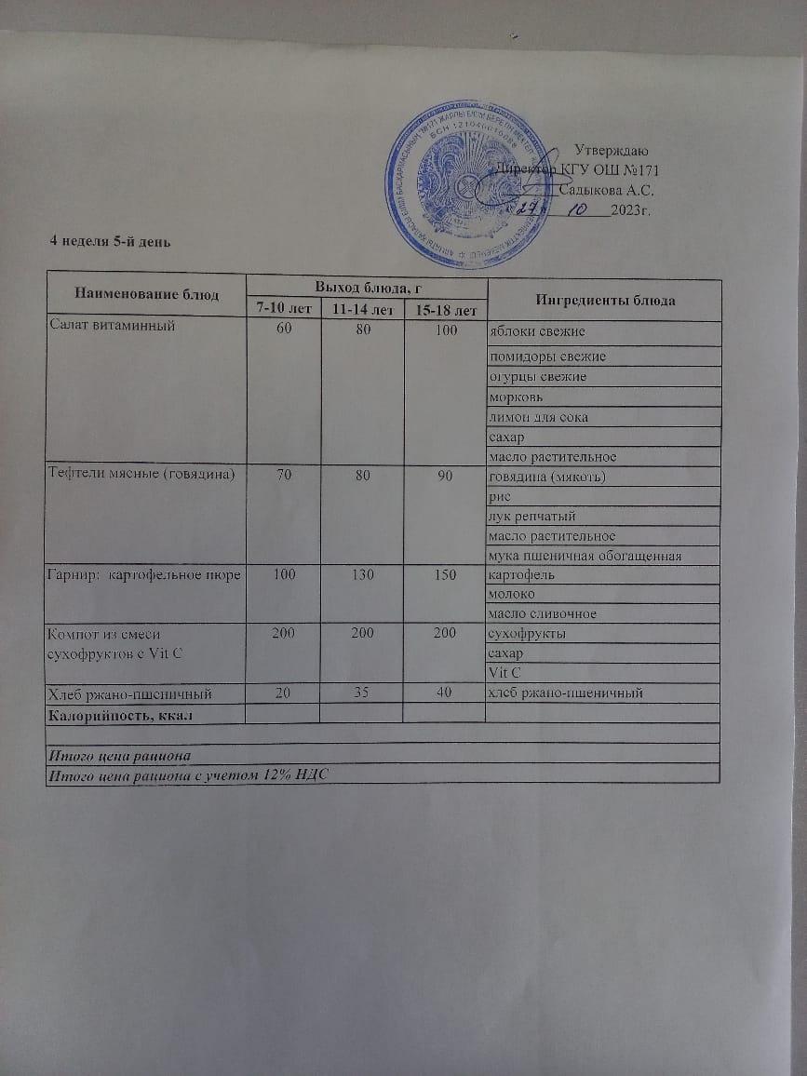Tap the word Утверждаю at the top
click(612, 151)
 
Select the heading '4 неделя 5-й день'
click(110, 241)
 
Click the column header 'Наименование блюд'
click(146, 294)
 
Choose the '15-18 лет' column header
click(445, 309)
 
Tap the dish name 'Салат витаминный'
click(111, 326)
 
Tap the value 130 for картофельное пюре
click(361, 575)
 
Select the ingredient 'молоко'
click(511, 595)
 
